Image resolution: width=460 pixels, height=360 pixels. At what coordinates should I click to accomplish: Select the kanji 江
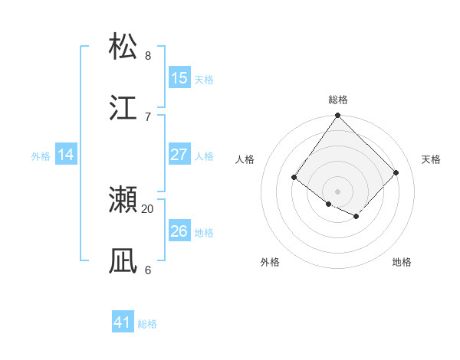123,108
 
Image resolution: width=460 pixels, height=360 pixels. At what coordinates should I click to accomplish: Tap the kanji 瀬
123,200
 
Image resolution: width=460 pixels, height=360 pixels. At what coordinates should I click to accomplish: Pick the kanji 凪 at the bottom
123,261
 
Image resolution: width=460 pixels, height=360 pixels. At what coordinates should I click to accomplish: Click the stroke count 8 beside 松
148,55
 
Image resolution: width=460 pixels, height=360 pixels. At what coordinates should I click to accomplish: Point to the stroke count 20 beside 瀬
148,208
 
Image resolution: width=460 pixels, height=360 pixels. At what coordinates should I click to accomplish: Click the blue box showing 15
179,78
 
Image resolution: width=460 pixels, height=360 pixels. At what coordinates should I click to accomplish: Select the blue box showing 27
179,155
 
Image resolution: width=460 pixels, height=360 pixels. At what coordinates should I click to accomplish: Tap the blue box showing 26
179,231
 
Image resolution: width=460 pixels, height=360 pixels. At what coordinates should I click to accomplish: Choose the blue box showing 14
66,155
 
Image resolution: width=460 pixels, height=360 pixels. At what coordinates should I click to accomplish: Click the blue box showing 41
123,322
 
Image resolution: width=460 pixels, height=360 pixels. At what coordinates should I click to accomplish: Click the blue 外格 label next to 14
41,156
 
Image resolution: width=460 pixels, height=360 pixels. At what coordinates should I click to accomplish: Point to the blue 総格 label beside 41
147,324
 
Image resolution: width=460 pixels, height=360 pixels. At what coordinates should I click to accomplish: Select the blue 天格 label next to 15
204,80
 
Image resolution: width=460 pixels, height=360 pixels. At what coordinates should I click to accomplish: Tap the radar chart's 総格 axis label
338,100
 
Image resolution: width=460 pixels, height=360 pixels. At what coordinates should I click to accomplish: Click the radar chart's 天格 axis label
432,159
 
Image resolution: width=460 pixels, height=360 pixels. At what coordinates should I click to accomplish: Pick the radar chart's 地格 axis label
402,262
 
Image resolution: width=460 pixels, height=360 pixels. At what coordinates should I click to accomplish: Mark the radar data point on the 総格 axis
338,116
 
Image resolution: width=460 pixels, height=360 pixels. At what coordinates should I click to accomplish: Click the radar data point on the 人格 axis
294,178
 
